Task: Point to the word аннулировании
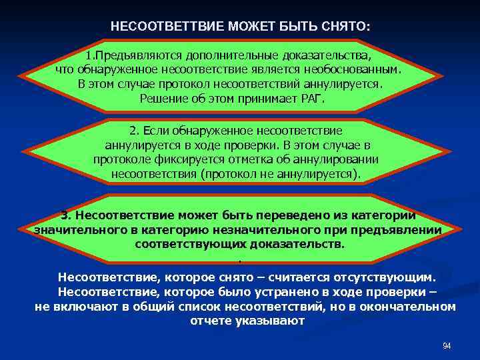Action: pos(337,160)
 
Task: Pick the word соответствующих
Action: pos(183,244)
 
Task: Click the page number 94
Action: pos(447,346)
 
